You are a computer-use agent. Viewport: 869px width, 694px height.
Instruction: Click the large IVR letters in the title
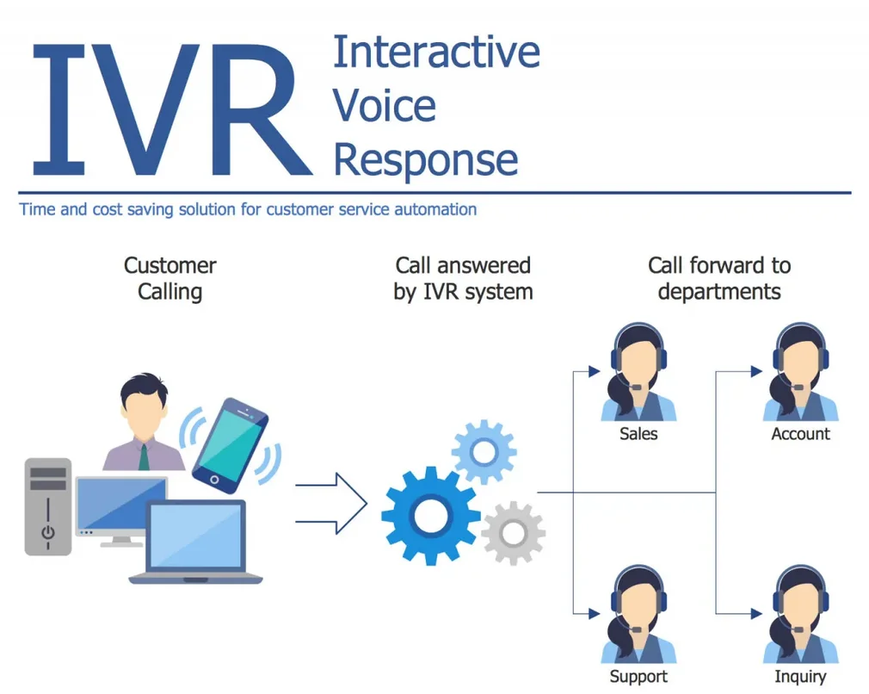coord(172,109)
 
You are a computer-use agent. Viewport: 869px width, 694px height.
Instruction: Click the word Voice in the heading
coord(384,106)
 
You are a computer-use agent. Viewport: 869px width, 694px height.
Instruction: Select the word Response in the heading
coord(425,160)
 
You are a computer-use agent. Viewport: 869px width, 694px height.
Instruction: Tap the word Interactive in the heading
coord(435,52)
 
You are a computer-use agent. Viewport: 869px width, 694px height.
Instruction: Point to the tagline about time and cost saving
coord(248,209)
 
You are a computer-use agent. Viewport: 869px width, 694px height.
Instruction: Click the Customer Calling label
coord(169,278)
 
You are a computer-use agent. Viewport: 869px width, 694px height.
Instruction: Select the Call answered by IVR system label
coord(463,278)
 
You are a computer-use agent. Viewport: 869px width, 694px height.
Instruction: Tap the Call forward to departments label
coord(718,278)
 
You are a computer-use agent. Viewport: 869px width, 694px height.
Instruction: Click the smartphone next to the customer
coord(230,444)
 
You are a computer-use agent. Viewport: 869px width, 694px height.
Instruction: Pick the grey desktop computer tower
coord(47,505)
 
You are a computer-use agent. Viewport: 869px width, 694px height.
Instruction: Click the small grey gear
coord(514,533)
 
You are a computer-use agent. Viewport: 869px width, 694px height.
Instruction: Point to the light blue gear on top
coord(484,451)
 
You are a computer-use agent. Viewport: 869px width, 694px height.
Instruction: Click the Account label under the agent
coord(800,434)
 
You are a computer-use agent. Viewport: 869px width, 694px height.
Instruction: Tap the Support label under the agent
coord(638,677)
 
